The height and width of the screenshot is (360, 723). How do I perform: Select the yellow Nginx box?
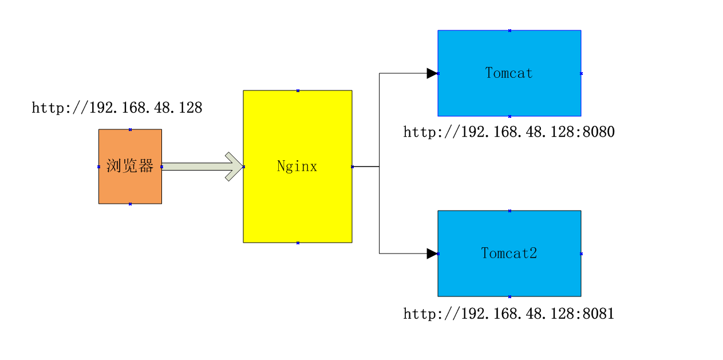297,206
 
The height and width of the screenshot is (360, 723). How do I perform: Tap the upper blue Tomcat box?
509,94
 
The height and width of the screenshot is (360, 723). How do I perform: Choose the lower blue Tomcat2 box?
509,278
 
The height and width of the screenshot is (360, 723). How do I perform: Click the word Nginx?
297,167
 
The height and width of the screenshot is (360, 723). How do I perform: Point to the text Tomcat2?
509,253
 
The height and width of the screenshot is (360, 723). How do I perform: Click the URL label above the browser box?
117,108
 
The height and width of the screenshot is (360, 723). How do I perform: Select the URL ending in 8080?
509,132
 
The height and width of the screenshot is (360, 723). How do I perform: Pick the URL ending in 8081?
509,314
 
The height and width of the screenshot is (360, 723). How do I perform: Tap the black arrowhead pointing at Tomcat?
432,73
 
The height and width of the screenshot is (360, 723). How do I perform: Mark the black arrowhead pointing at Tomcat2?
432,254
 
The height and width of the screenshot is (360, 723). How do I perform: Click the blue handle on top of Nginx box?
298,90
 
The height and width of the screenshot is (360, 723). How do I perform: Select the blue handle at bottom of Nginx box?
298,243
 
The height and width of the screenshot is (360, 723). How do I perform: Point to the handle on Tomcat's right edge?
581,73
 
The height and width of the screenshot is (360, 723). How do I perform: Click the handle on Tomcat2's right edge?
581,254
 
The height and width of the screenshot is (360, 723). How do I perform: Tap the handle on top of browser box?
130,129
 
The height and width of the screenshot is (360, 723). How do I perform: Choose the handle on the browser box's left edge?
98,167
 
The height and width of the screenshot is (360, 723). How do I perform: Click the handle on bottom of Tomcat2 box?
509,296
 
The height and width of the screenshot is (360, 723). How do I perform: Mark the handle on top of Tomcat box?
509,30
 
